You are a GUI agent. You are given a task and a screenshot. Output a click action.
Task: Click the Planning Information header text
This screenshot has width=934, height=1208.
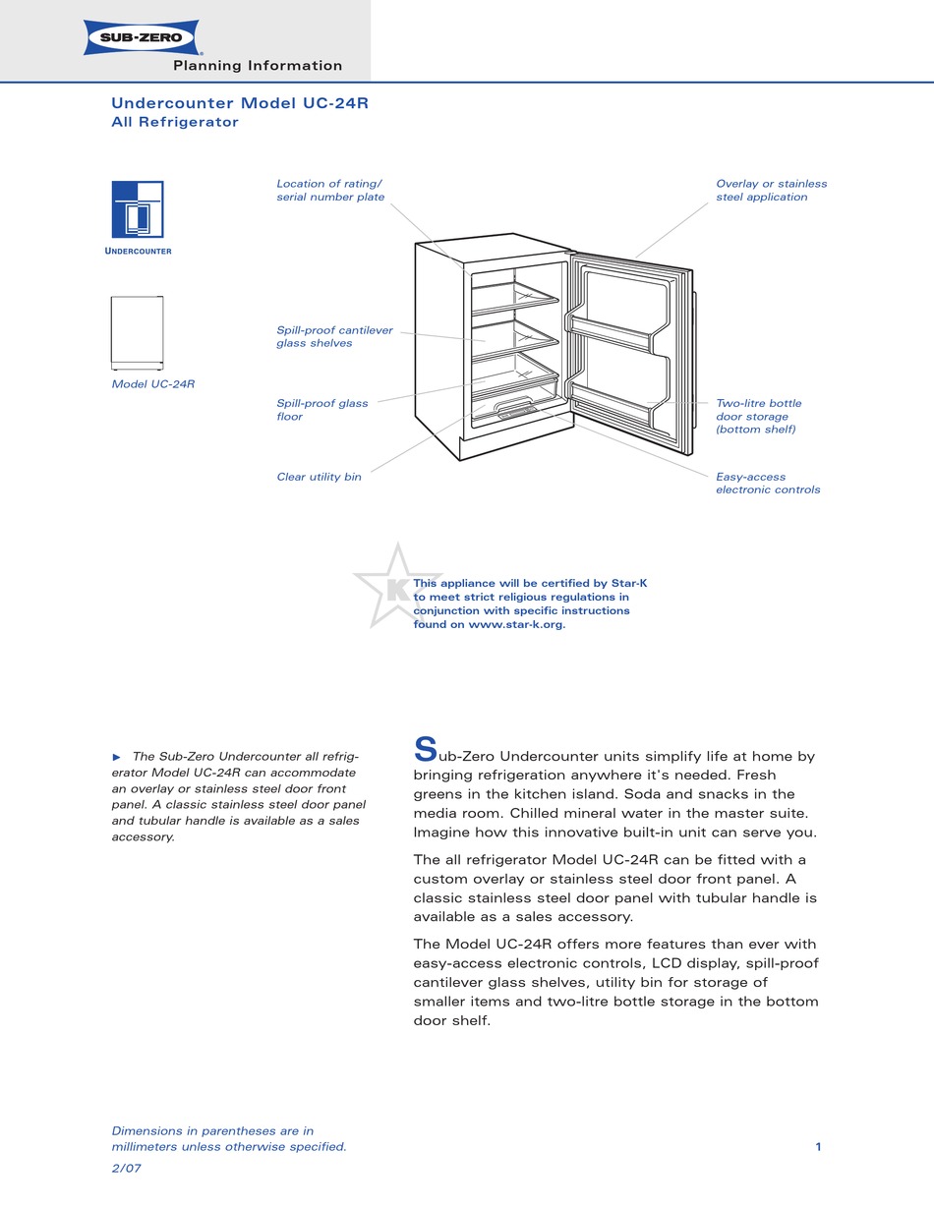tap(258, 66)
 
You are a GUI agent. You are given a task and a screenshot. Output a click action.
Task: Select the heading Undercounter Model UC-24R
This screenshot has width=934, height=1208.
tap(240, 103)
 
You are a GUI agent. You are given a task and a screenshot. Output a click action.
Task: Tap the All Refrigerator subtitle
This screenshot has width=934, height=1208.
tap(175, 123)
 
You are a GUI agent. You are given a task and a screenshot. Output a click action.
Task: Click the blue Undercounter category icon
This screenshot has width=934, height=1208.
tap(138, 209)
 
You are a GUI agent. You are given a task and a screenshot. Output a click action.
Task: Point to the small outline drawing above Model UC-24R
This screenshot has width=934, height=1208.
tap(138, 332)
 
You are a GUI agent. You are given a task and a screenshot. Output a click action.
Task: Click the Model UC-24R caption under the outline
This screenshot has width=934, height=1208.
tap(153, 384)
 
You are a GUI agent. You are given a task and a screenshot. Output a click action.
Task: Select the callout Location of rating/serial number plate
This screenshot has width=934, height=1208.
tap(330, 191)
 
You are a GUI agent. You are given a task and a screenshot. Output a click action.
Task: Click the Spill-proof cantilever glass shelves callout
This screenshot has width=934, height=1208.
tap(334, 337)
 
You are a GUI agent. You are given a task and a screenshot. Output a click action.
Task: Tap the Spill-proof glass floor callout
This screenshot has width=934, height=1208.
tap(322, 410)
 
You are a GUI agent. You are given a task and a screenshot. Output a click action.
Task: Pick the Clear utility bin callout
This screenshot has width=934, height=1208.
tap(319, 478)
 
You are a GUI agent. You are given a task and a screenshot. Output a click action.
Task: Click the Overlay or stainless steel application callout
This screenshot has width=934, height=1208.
tap(771, 191)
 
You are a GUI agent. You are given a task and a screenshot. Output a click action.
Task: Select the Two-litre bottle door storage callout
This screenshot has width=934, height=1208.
tap(758, 417)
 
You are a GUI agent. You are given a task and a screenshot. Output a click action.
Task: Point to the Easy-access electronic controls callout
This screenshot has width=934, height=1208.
tap(768, 484)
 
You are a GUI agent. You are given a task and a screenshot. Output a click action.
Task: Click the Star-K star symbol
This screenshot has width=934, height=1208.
tap(396, 587)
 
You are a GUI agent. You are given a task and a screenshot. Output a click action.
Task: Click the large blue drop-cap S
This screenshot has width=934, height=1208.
tap(425, 750)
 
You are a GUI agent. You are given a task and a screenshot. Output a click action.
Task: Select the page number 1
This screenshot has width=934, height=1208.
tap(818, 1147)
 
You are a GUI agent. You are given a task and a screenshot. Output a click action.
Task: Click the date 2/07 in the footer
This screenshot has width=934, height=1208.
tap(127, 1168)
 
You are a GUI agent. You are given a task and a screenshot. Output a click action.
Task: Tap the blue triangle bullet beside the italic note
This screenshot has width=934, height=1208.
tap(117, 757)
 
